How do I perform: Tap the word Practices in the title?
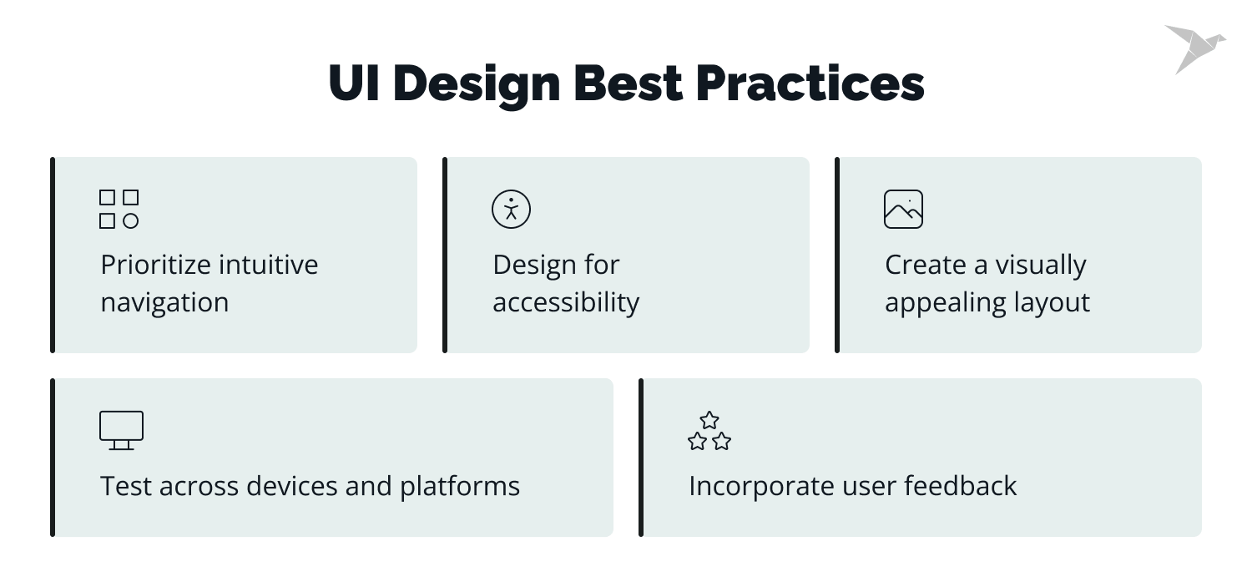(x=810, y=83)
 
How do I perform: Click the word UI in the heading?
(x=354, y=83)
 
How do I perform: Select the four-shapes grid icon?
(x=119, y=209)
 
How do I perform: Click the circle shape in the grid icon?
(x=131, y=221)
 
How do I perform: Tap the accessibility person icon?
(x=511, y=209)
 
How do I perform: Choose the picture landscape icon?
(x=903, y=209)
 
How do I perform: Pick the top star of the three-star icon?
(x=709, y=420)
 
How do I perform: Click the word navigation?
(x=165, y=302)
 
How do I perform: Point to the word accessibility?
(x=566, y=302)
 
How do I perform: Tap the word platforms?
(x=459, y=486)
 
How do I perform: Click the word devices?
(x=292, y=485)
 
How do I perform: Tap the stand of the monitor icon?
(x=121, y=445)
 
